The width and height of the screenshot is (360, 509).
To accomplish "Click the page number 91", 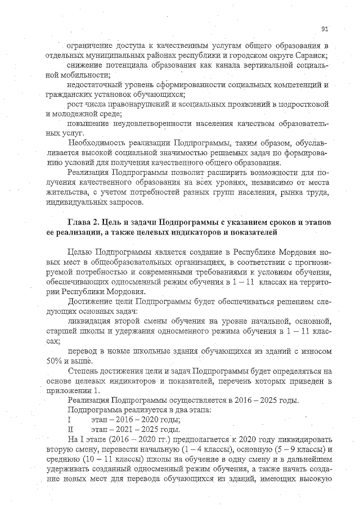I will click(x=325, y=29).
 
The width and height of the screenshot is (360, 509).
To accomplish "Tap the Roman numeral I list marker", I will click(x=68, y=420).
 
